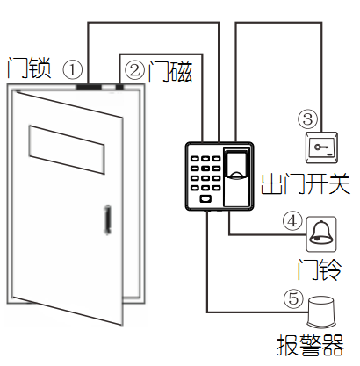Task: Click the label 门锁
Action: click(x=28, y=67)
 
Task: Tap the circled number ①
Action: click(x=75, y=68)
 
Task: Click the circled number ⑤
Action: click(x=294, y=298)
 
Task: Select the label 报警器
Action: click(x=307, y=343)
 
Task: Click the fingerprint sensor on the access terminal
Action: click(x=237, y=166)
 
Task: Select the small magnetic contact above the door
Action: click(x=119, y=85)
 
